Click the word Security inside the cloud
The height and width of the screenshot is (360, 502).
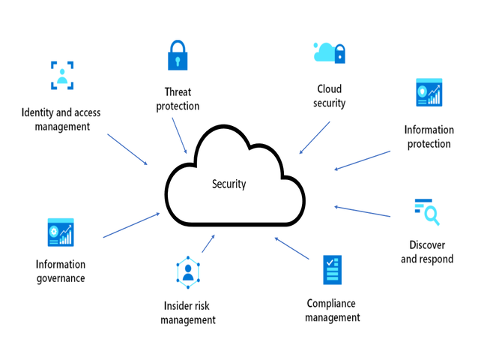[x=229, y=184]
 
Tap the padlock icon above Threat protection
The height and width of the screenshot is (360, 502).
[x=178, y=55]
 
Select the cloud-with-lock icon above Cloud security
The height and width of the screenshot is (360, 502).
[x=329, y=52]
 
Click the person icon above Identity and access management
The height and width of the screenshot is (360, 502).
[x=61, y=75]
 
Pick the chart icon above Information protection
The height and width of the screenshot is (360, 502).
[x=429, y=93]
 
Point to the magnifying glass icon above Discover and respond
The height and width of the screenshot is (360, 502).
[x=427, y=211]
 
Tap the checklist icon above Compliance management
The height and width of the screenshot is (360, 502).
[x=332, y=269]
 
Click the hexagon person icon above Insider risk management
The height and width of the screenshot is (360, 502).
[x=187, y=272]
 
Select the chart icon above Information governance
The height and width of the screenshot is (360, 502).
[x=61, y=232]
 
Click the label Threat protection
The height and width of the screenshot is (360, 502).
[x=178, y=100]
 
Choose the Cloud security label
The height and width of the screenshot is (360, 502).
[x=329, y=96]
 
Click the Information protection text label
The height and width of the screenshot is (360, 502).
[x=429, y=136]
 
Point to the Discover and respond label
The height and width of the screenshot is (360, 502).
[x=427, y=252]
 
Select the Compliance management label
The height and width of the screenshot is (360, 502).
[x=333, y=310]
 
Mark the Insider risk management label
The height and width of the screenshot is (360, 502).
[x=189, y=313]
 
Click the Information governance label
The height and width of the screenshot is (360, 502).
[x=61, y=271]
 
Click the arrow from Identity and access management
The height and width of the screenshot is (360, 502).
[x=128, y=150]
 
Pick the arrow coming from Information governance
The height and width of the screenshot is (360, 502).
[x=131, y=225]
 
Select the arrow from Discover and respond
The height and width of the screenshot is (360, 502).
[x=363, y=211]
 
